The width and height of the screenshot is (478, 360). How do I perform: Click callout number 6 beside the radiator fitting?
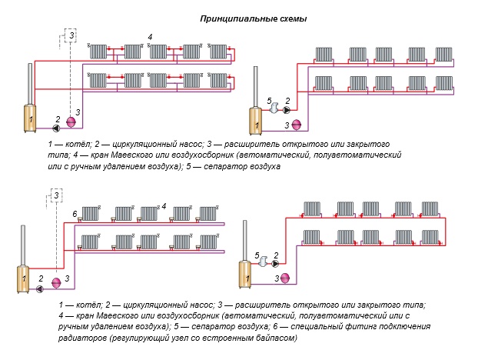(x=75, y=212)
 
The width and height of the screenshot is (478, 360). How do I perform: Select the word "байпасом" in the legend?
(x=274, y=338)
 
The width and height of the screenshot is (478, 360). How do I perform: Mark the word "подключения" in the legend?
(x=364, y=327)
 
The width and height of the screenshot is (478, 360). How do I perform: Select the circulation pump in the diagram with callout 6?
(x=40, y=288)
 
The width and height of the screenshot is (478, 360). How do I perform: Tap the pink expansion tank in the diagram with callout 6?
(x=56, y=282)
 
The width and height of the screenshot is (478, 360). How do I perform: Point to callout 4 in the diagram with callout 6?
(x=164, y=206)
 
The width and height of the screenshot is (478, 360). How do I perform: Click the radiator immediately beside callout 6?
(x=91, y=214)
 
